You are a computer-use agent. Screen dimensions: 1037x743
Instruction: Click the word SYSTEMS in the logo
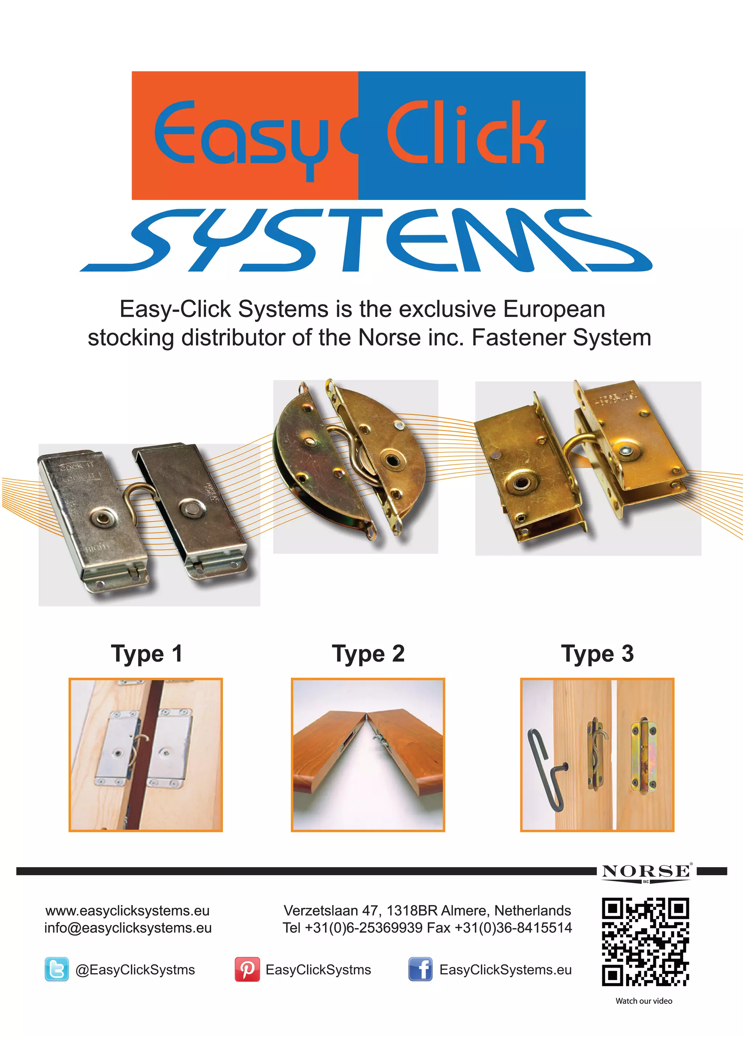click(x=366, y=241)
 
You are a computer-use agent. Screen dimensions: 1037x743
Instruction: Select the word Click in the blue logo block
click(x=467, y=132)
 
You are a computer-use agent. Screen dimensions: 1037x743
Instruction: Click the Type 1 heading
click(x=146, y=654)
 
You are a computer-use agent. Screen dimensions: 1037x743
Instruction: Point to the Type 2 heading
click(x=368, y=654)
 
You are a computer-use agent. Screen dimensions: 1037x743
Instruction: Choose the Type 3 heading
click(x=597, y=654)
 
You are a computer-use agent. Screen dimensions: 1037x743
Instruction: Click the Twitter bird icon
click(x=57, y=969)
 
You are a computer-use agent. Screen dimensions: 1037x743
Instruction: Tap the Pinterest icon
click(x=247, y=969)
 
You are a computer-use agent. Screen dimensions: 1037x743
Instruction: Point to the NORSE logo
click(x=646, y=872)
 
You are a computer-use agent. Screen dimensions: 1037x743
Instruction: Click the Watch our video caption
click(x=644, y=1001)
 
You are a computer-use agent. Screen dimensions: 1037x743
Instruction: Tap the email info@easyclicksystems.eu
click(x=128, y=928)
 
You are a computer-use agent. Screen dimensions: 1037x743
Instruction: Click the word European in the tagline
click(x=554, y=309)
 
